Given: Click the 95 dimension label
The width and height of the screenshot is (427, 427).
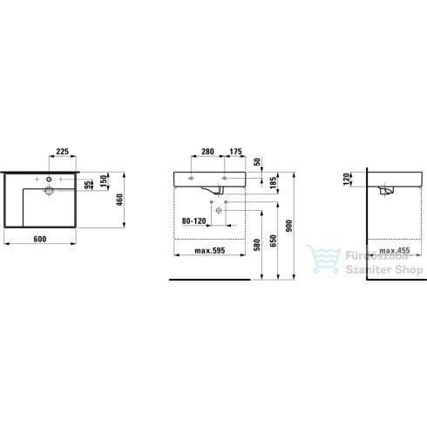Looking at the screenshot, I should coord(89,184).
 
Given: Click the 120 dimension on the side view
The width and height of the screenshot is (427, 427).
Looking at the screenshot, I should coord(348,180).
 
